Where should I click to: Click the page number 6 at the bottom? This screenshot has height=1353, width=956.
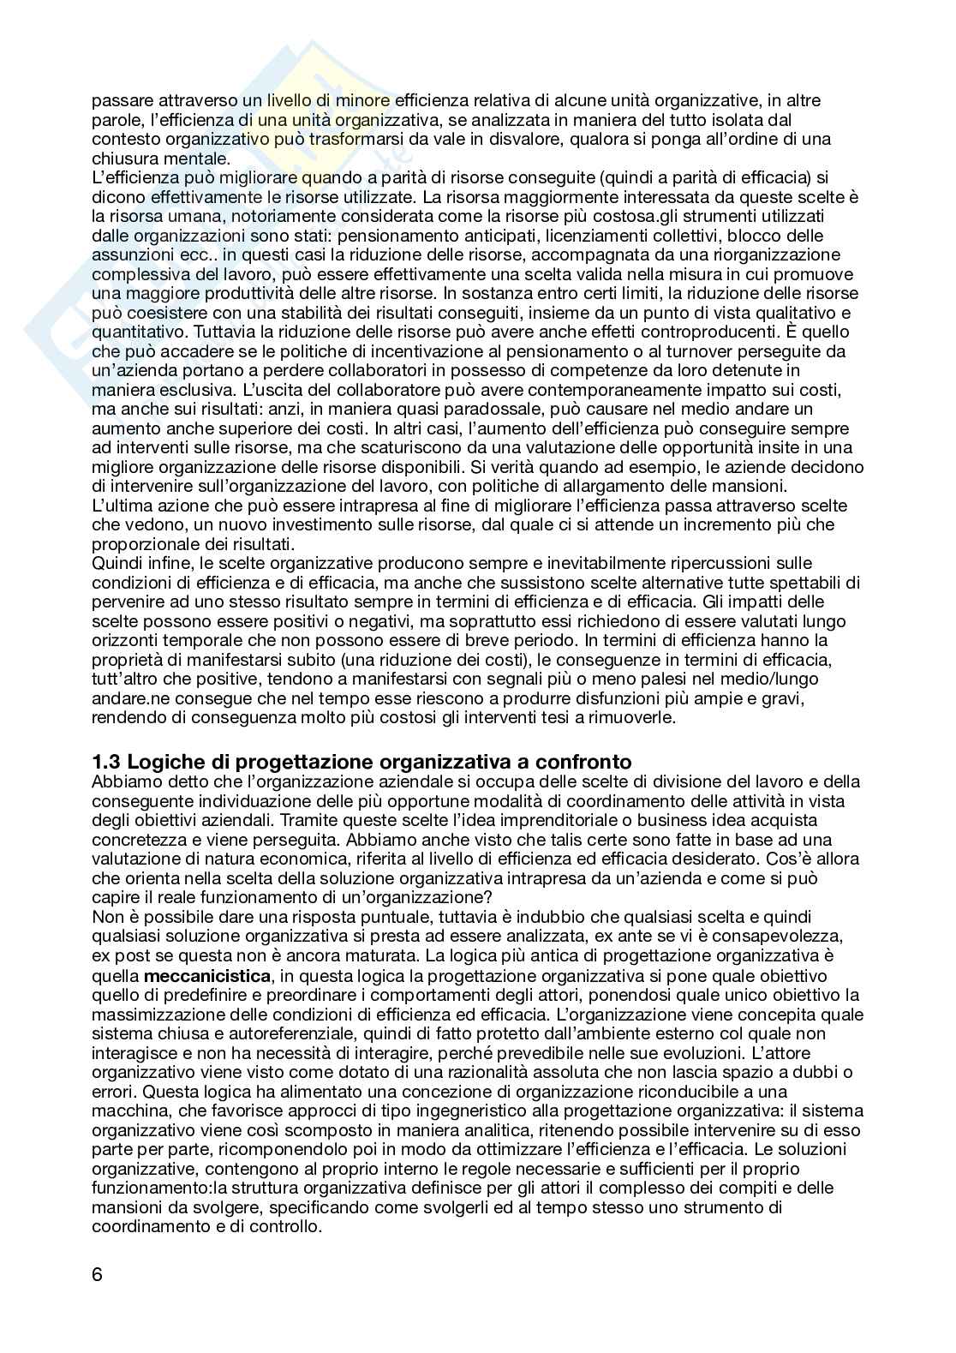97,1273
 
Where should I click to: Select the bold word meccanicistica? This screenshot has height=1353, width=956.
206,976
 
